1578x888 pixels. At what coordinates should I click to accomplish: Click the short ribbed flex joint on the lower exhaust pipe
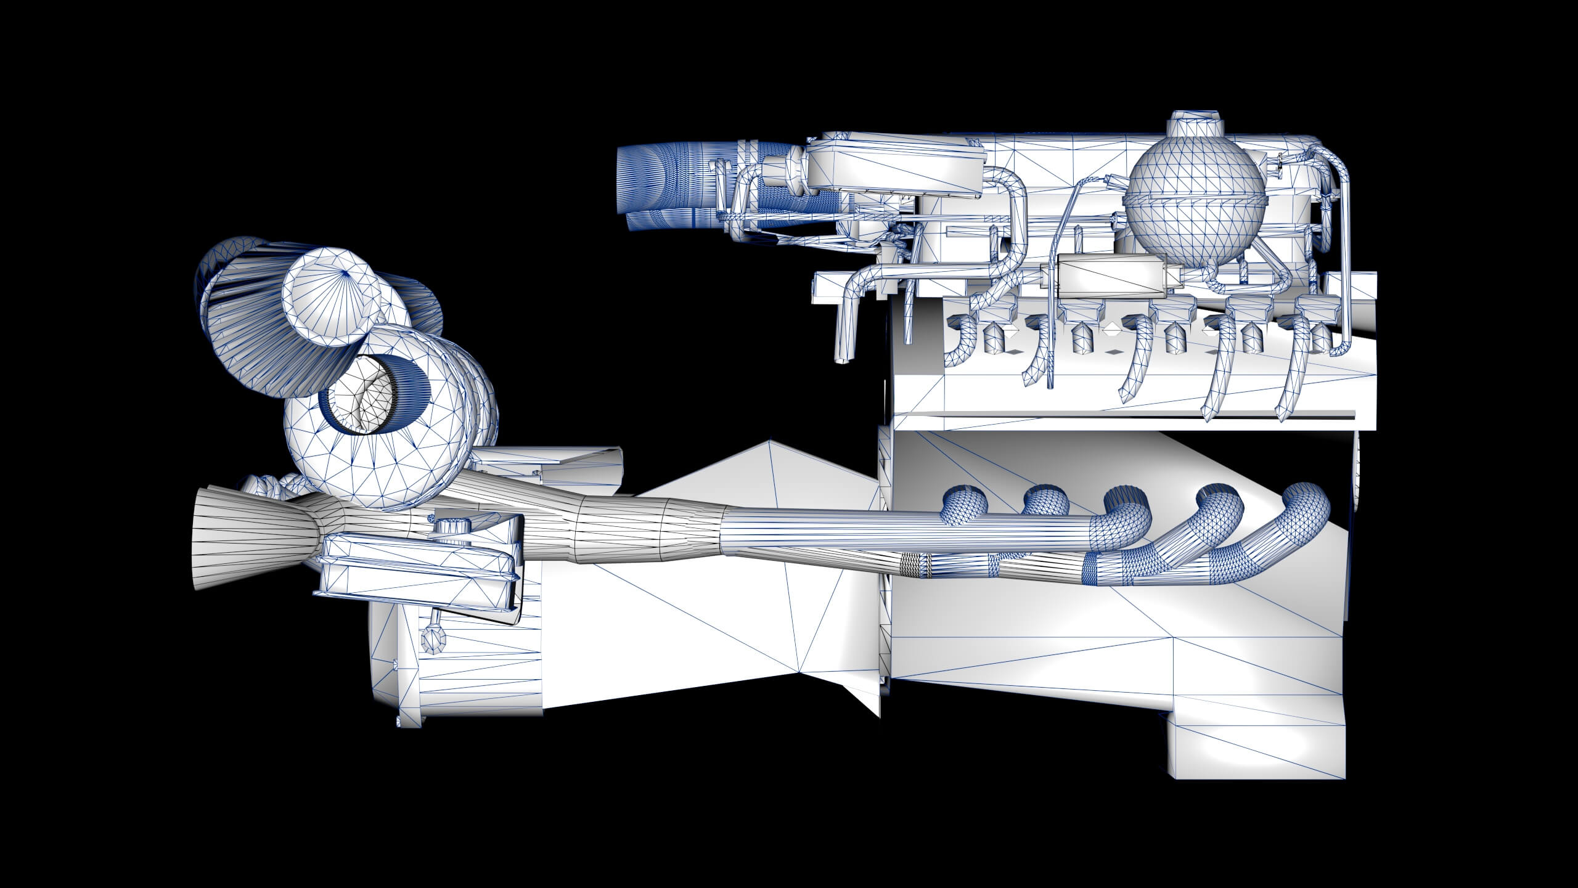(916, 565)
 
